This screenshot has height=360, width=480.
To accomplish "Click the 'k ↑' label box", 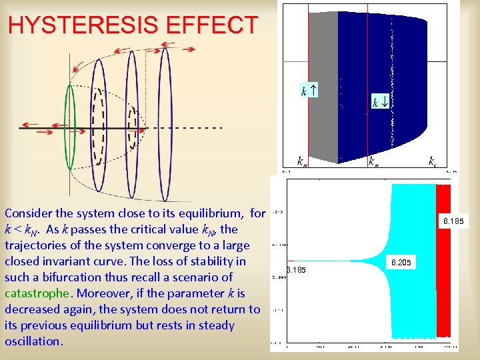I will click(309, 90).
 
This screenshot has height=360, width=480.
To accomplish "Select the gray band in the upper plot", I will click(323, 87).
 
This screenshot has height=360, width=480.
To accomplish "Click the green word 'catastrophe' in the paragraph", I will click(37, 293).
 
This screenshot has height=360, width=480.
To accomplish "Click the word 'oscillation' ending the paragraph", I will click(33, 341).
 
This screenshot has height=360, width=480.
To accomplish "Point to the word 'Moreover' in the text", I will click(100, 293).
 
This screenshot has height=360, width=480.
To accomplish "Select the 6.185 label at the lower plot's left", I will click(295, 270).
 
